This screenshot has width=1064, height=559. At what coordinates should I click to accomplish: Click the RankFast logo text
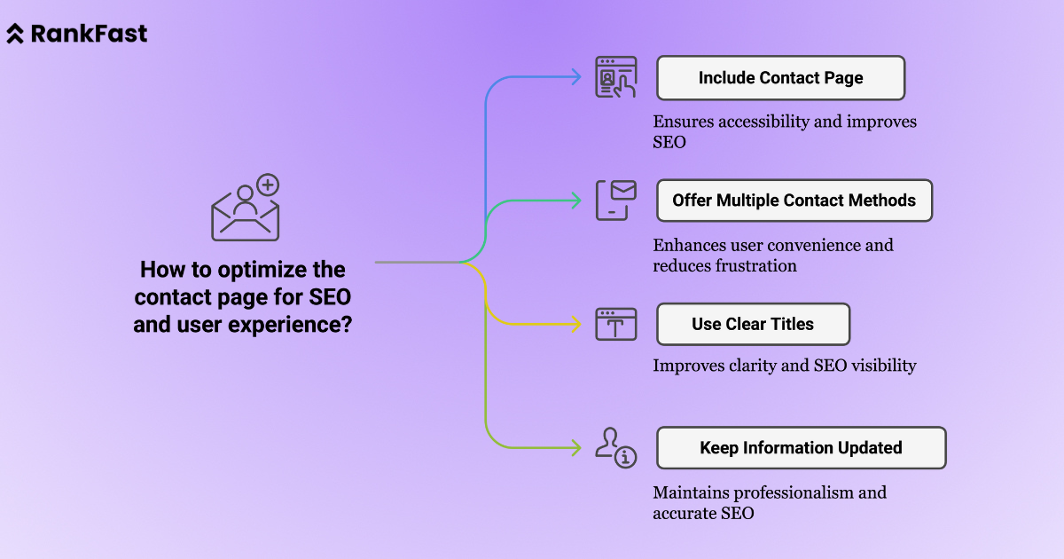tap(89, 34)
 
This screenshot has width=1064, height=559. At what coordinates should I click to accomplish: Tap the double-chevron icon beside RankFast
tap(16, 34)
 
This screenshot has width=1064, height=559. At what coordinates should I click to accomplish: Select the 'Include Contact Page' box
tap(780, 78)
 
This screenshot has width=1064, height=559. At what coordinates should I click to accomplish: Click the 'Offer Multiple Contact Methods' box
tap(794, 201)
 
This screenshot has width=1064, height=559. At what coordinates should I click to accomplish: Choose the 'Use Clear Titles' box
tap(753, 324)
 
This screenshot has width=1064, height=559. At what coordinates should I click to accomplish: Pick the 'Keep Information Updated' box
tap(801, 448)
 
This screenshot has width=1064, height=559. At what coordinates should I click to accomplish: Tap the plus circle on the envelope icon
tap(268, 185)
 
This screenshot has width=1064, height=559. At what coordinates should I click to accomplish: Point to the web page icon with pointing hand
tap(615, 78)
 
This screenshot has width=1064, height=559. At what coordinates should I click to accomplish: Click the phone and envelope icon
tap(615, 200)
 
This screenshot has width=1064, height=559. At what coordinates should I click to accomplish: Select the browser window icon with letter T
tap(615, 324)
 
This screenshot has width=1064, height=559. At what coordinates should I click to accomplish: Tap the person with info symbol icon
tap(615, 446)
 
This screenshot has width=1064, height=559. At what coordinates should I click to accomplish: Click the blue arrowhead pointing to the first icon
tap(576, 78)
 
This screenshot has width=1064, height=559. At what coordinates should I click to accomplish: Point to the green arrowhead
tap(576, 201)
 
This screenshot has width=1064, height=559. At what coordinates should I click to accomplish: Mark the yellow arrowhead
tap(576, 324)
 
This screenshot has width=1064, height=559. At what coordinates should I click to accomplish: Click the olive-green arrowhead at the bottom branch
tap(576, 447)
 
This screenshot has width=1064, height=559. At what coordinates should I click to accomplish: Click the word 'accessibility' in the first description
tap(766, 122)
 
